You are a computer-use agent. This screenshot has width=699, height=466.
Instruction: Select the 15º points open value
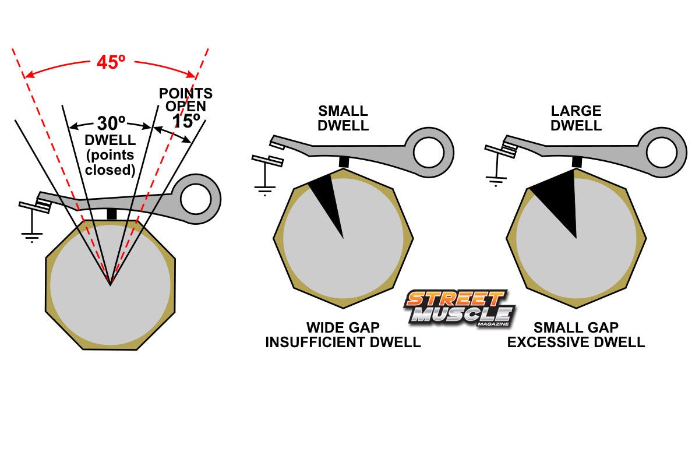186,122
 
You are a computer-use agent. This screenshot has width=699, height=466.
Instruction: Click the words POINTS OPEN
186,100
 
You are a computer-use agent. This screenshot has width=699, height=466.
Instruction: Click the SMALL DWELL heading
343,118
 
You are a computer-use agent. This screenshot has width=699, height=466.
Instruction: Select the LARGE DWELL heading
576,118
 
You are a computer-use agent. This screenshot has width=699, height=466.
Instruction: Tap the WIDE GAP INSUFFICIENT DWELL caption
343,335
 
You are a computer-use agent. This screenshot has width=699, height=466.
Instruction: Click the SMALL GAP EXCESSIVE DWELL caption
576,335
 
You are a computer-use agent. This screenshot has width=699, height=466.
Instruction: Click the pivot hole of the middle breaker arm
429,153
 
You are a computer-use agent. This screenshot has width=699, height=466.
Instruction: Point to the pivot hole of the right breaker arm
662,153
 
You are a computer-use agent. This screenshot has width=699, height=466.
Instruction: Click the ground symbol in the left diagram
32,236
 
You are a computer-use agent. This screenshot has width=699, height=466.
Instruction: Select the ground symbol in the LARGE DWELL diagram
496,178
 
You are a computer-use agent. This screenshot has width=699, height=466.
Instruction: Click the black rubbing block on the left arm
112,214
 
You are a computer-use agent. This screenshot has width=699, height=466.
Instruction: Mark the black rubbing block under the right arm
577,161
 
